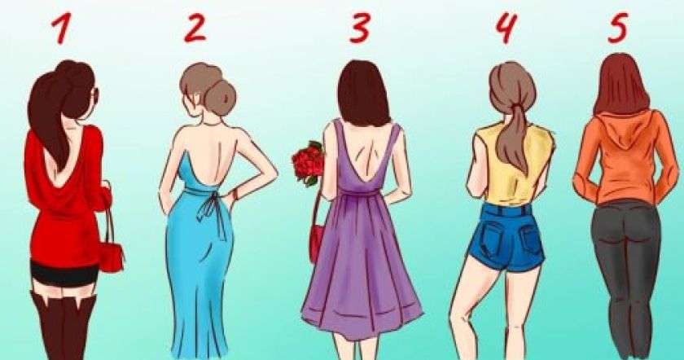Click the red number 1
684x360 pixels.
click(62, 29)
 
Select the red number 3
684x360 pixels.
click(360, 29)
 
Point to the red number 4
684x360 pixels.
click(506, 28)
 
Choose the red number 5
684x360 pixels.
click(618, 28)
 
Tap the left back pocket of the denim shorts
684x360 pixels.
click(491, 237)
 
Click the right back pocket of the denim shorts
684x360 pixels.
click(531, 241)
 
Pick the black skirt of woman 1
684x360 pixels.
click(64, 274)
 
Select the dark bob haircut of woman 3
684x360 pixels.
click(364, 94)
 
